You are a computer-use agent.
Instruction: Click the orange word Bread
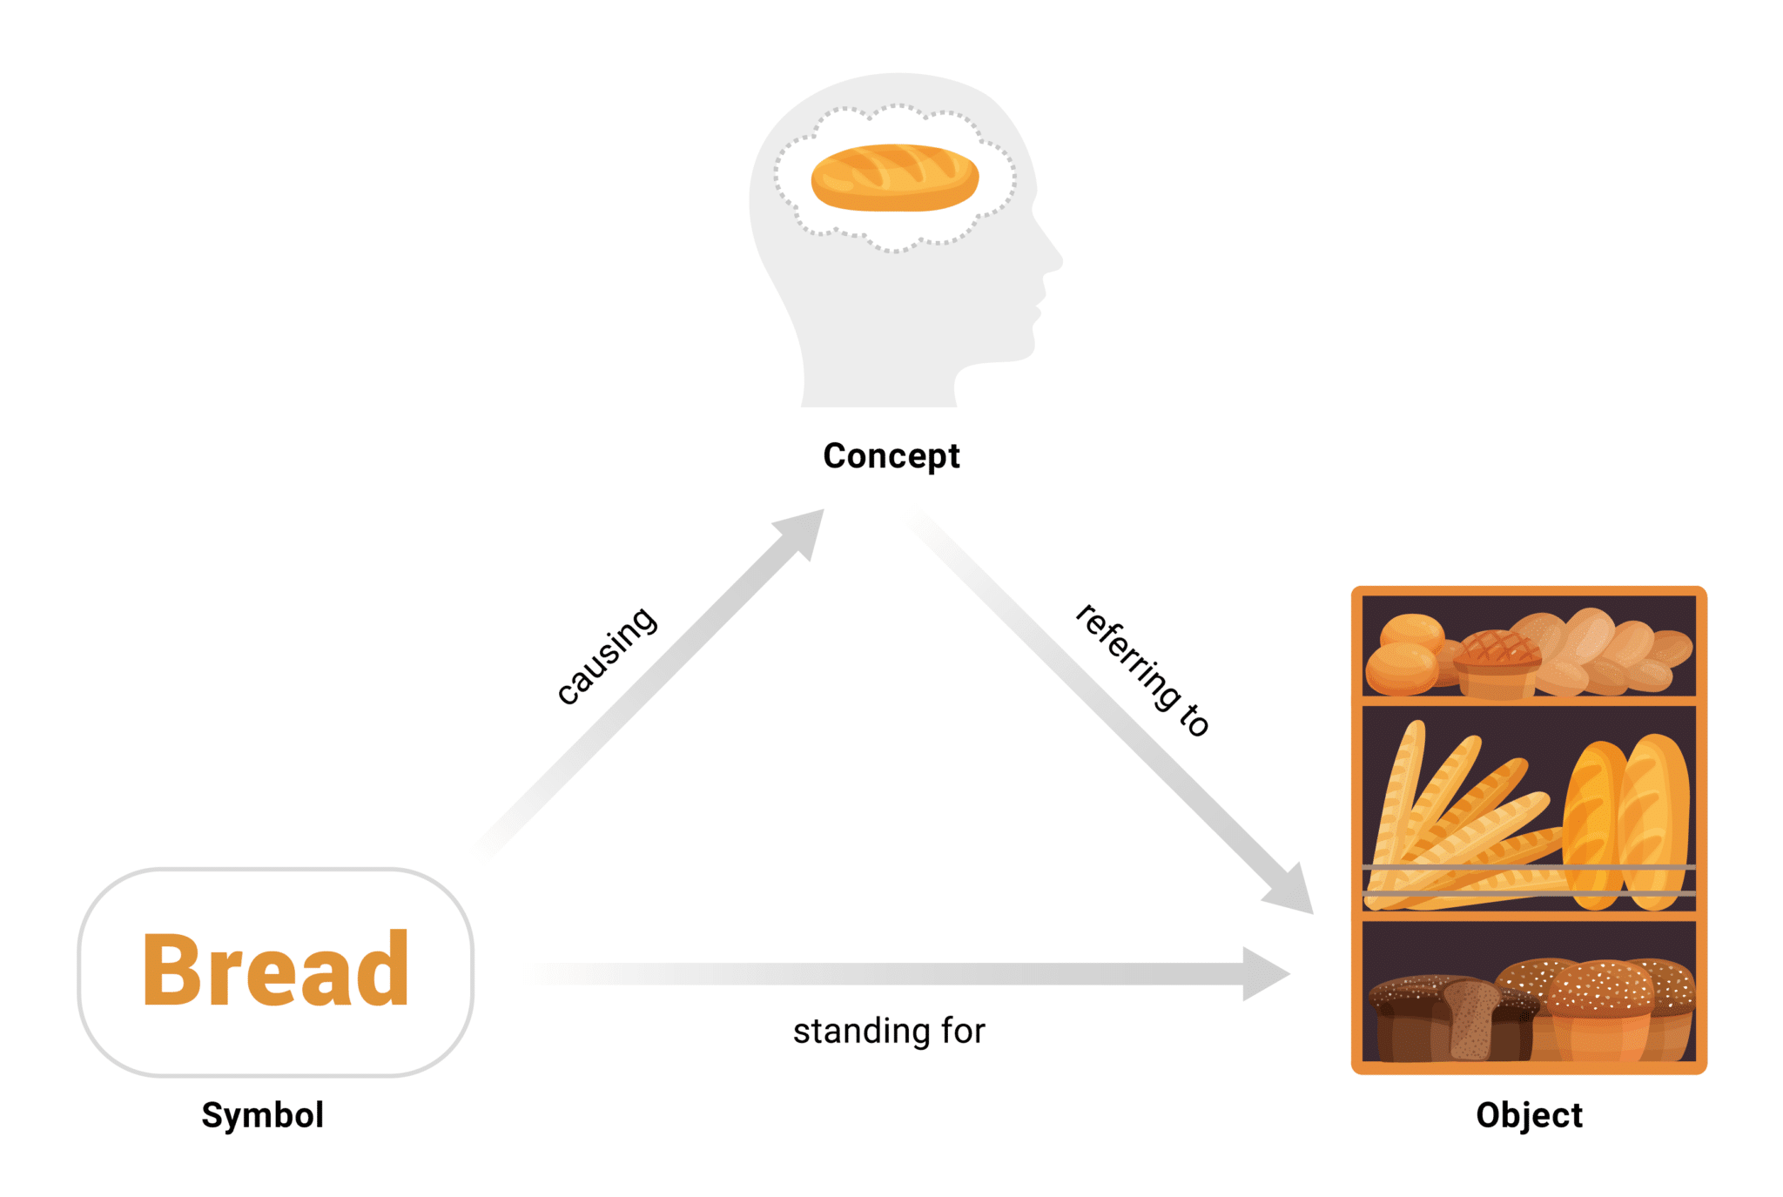click(x=275, y=969)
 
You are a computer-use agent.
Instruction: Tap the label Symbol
click(x=263, y=1115)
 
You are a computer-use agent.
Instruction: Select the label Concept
click(x=891, y=456)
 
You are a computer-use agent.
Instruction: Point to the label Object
click(x=1529, y=1115)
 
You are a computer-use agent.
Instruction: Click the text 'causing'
click(x=607, y=655)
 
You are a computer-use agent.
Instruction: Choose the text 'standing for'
click(x=889, y=1031)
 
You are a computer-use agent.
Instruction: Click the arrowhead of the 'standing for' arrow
click(x=1264, y=974)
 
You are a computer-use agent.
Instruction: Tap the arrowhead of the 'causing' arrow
click(x=803, y=530)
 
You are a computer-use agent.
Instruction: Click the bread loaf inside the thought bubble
click(x=895, y=178)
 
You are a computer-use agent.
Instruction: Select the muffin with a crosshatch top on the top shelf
click(x=1497, y=663)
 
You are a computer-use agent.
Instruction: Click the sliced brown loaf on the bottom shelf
click(x=1470, y=1019)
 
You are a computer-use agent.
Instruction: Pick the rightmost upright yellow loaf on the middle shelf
click(x=1654, y=821)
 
